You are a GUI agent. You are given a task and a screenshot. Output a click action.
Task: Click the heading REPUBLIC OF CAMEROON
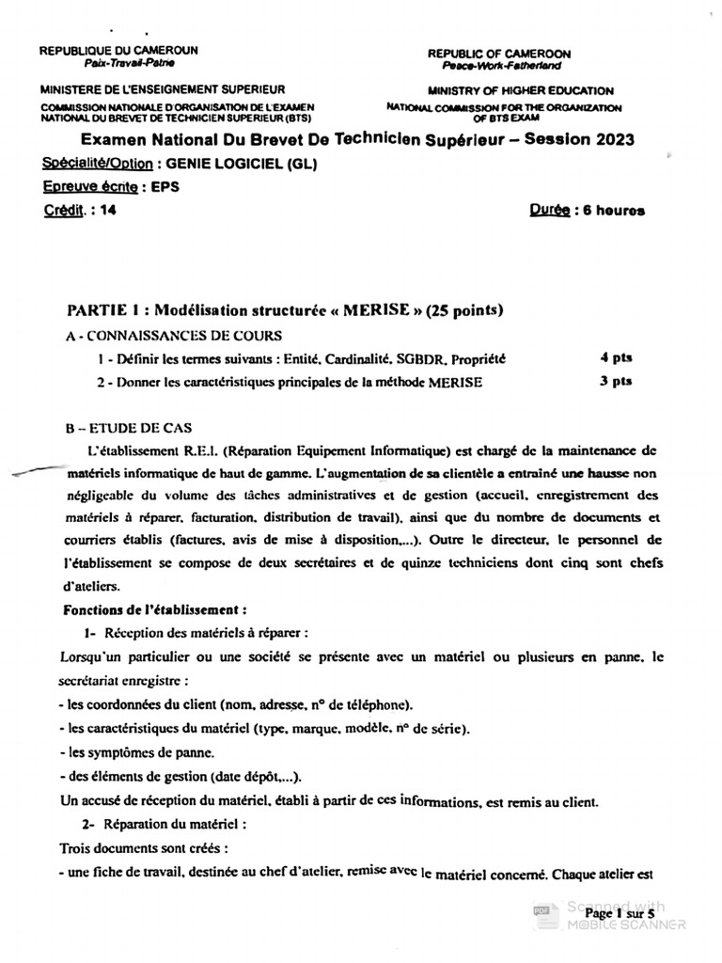point(498,55)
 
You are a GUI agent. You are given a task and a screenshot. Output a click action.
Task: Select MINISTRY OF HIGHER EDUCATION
point(520,91)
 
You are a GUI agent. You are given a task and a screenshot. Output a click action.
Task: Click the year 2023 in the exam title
point(609,139)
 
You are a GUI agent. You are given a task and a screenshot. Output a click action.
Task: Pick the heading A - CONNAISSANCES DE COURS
point(174,335)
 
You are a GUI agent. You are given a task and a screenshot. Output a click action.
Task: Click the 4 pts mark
point(616,358)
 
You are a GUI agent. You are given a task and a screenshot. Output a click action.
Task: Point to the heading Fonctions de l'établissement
point(155,609)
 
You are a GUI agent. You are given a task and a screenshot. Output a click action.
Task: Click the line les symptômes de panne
point(135,751)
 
